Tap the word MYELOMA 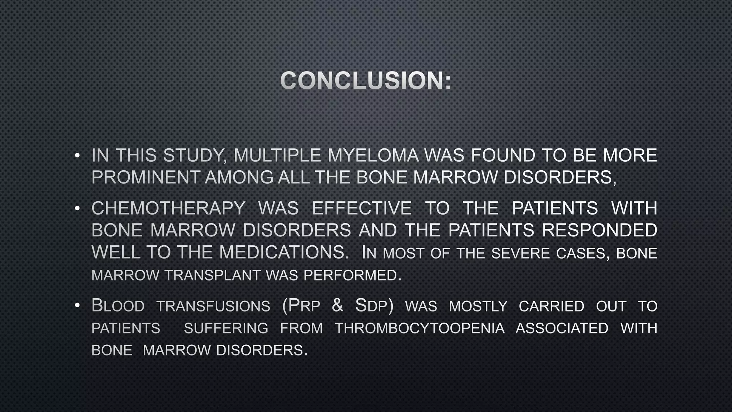coord(373,156)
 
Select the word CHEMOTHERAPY coord(168,209)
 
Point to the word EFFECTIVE coord(362,209)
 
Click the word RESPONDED coord(599,230)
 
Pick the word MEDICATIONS coord(284,252)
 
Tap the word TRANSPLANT coord(212,275)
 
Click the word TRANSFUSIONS coord(213,306)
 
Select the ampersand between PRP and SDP coord(337,306)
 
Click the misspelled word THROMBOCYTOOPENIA coord(420,328)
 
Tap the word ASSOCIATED coord(562,328)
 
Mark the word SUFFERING coord(226,328)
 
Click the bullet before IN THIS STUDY coord(77,156)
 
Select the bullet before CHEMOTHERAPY coord(77,209)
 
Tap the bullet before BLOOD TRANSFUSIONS coord(77,306)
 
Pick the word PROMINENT coord(145,177)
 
